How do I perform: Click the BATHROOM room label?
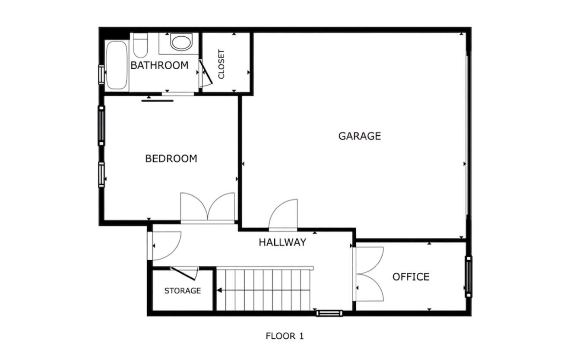coord(159,65)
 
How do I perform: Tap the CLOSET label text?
coord(222,64)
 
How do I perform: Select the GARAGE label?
coord(359,136)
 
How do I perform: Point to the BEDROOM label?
coord(171,159)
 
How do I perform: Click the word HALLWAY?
coord(282,242)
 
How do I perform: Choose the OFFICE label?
coord(411,277)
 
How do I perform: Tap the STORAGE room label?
coord(182,291)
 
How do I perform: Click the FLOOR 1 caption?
coord(285,336)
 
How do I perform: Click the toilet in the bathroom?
coord(140,45)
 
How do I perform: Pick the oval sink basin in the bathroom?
coord(180,42)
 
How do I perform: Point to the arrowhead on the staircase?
coord(219,290)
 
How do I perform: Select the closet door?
coord(205,73)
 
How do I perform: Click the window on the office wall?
coord(469,277)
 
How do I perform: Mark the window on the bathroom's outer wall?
coord(101,74)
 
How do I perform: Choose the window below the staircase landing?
coord(329,313)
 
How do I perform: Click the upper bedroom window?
coord(101,125)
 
